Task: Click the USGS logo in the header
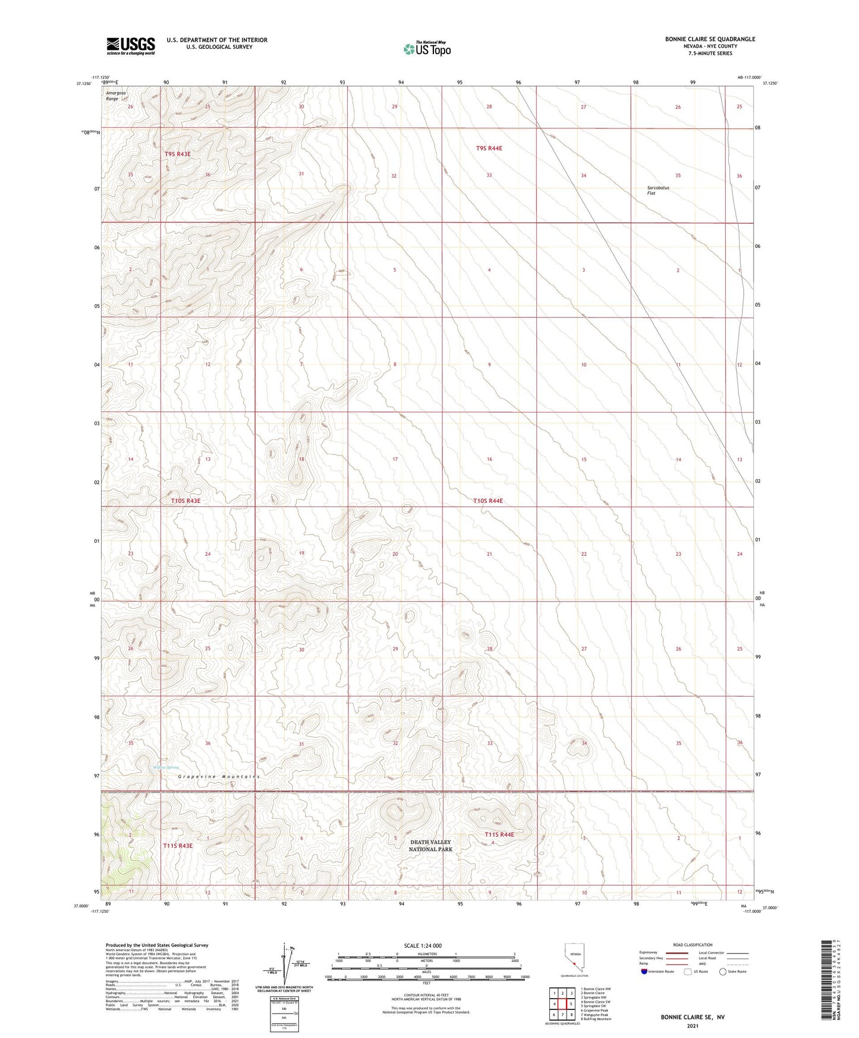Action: pos(131,46)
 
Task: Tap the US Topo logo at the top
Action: pos(427,49)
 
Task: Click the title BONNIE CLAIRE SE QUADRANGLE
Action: pos(710,39)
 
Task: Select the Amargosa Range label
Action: pos(112,96)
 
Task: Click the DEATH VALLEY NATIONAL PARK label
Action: pos(430,845)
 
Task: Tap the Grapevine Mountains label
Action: pos(220,776)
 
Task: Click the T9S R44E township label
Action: pos(489,148)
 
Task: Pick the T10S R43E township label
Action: pos(185,501)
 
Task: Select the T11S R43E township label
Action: pos(178,845)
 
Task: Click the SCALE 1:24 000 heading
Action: pos(423,945)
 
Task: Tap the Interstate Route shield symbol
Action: pos(644,971)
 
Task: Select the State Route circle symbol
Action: pos(723,971)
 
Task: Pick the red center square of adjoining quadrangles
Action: pos(562,1004)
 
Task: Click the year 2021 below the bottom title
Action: pos(692,1026)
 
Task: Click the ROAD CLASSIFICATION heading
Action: pos(693,945)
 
